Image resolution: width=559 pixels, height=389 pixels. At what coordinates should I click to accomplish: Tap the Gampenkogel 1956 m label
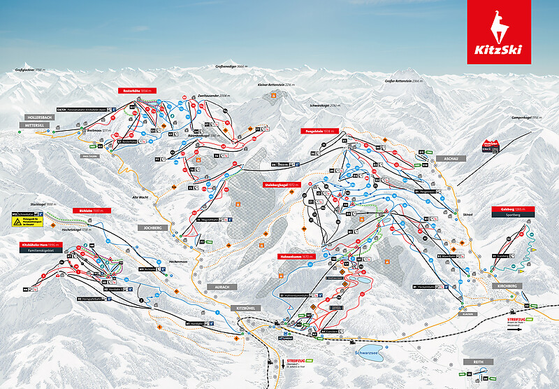[527, 118]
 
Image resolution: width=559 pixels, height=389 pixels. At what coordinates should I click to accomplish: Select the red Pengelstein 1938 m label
[319, 132]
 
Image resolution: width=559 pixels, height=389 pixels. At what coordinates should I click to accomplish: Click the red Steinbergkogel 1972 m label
[282, 185]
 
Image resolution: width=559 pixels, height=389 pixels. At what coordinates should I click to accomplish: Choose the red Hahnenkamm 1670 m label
[296, 256]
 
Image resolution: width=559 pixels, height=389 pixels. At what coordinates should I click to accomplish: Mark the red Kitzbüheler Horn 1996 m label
[41, 245]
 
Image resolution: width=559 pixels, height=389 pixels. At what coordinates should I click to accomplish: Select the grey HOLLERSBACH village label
[36, 118]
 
